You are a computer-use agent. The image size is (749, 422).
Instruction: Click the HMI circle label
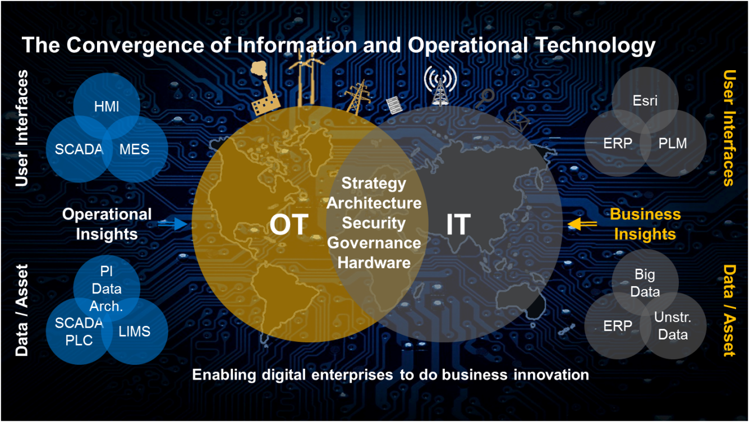click(107, 107)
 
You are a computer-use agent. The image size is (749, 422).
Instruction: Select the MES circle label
click(135, 149)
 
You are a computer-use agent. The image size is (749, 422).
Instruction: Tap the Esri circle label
click(645, 100)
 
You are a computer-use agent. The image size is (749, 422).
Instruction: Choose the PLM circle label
click(673, 144)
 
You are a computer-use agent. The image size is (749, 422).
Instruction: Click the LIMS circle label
click(135, 332)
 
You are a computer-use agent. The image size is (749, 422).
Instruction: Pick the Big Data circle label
click(645, 283)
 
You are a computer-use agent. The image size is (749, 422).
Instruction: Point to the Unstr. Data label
click(673, 325)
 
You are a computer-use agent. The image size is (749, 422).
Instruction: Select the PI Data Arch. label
click(107, 288)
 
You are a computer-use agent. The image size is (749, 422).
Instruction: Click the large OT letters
click(289, 224)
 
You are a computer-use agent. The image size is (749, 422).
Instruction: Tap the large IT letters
click(458, 224)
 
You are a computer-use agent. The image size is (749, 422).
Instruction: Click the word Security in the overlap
click(374, 223)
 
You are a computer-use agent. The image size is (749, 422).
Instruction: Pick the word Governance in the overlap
click(374, 243)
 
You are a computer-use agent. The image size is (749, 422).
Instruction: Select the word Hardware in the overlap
click(374, 263)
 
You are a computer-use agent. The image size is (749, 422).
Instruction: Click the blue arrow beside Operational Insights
click(173, 224)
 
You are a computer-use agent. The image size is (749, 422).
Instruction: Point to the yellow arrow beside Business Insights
click(582, 224)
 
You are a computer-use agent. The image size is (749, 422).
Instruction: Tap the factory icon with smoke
click(264, 89)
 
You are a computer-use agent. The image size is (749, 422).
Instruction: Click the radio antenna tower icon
click(440, 86)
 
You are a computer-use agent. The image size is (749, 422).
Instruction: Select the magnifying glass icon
click(485, 98)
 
